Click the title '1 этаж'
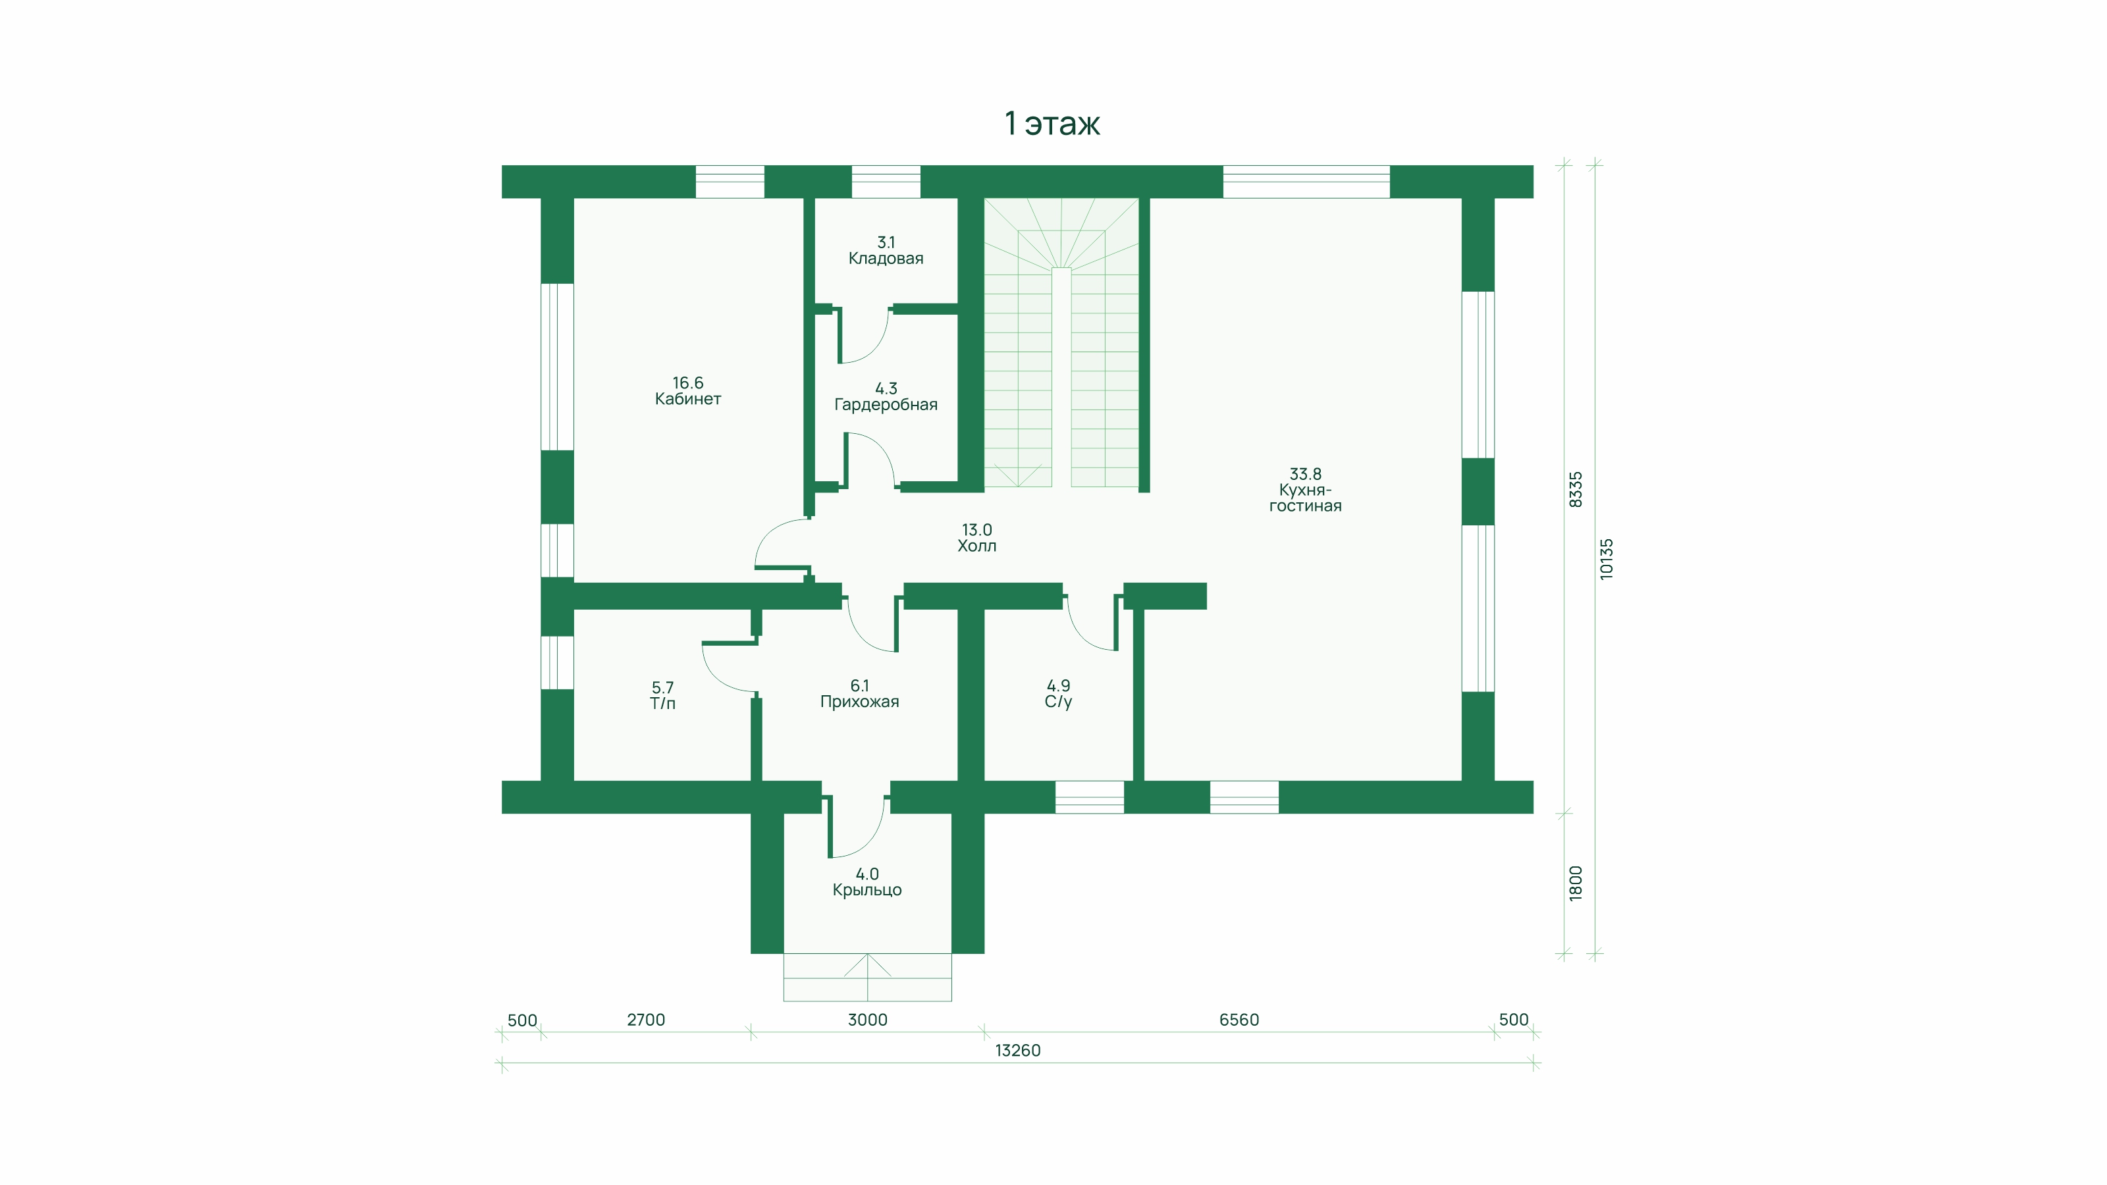click(x=1052, y=124)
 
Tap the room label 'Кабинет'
click(x=688, y=399)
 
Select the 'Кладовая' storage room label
click(x=886, y=259)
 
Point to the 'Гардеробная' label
click(x=886, y=405)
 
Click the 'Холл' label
click(x=976, y=546)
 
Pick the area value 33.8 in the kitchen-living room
click(x=1306, y=474)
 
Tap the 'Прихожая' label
click(x=860, y=702)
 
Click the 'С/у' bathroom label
click(x=1058, y=702)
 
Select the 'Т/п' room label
click(x=662, y=703)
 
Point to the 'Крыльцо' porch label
click(x=867, y=890)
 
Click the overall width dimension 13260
click(x=1017, y=1051)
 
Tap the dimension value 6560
click(x=1239, y=1020)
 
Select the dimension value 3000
click(x=867, y=1020)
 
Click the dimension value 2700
click(x=646, y=1020)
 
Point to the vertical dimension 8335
click(x=1576, y=489)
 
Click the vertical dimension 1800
click(x=1576, y=883)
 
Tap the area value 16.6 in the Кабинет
click(x=688, y=382)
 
